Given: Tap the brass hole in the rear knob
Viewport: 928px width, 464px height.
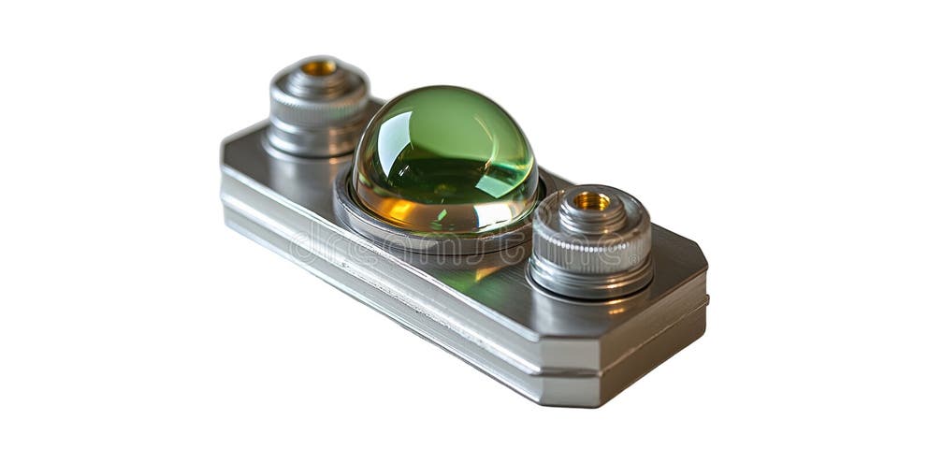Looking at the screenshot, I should [319, 67].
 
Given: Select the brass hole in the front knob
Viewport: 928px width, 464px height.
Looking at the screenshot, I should [591, 200].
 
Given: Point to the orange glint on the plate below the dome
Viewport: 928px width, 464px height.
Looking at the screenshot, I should [486, 272].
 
